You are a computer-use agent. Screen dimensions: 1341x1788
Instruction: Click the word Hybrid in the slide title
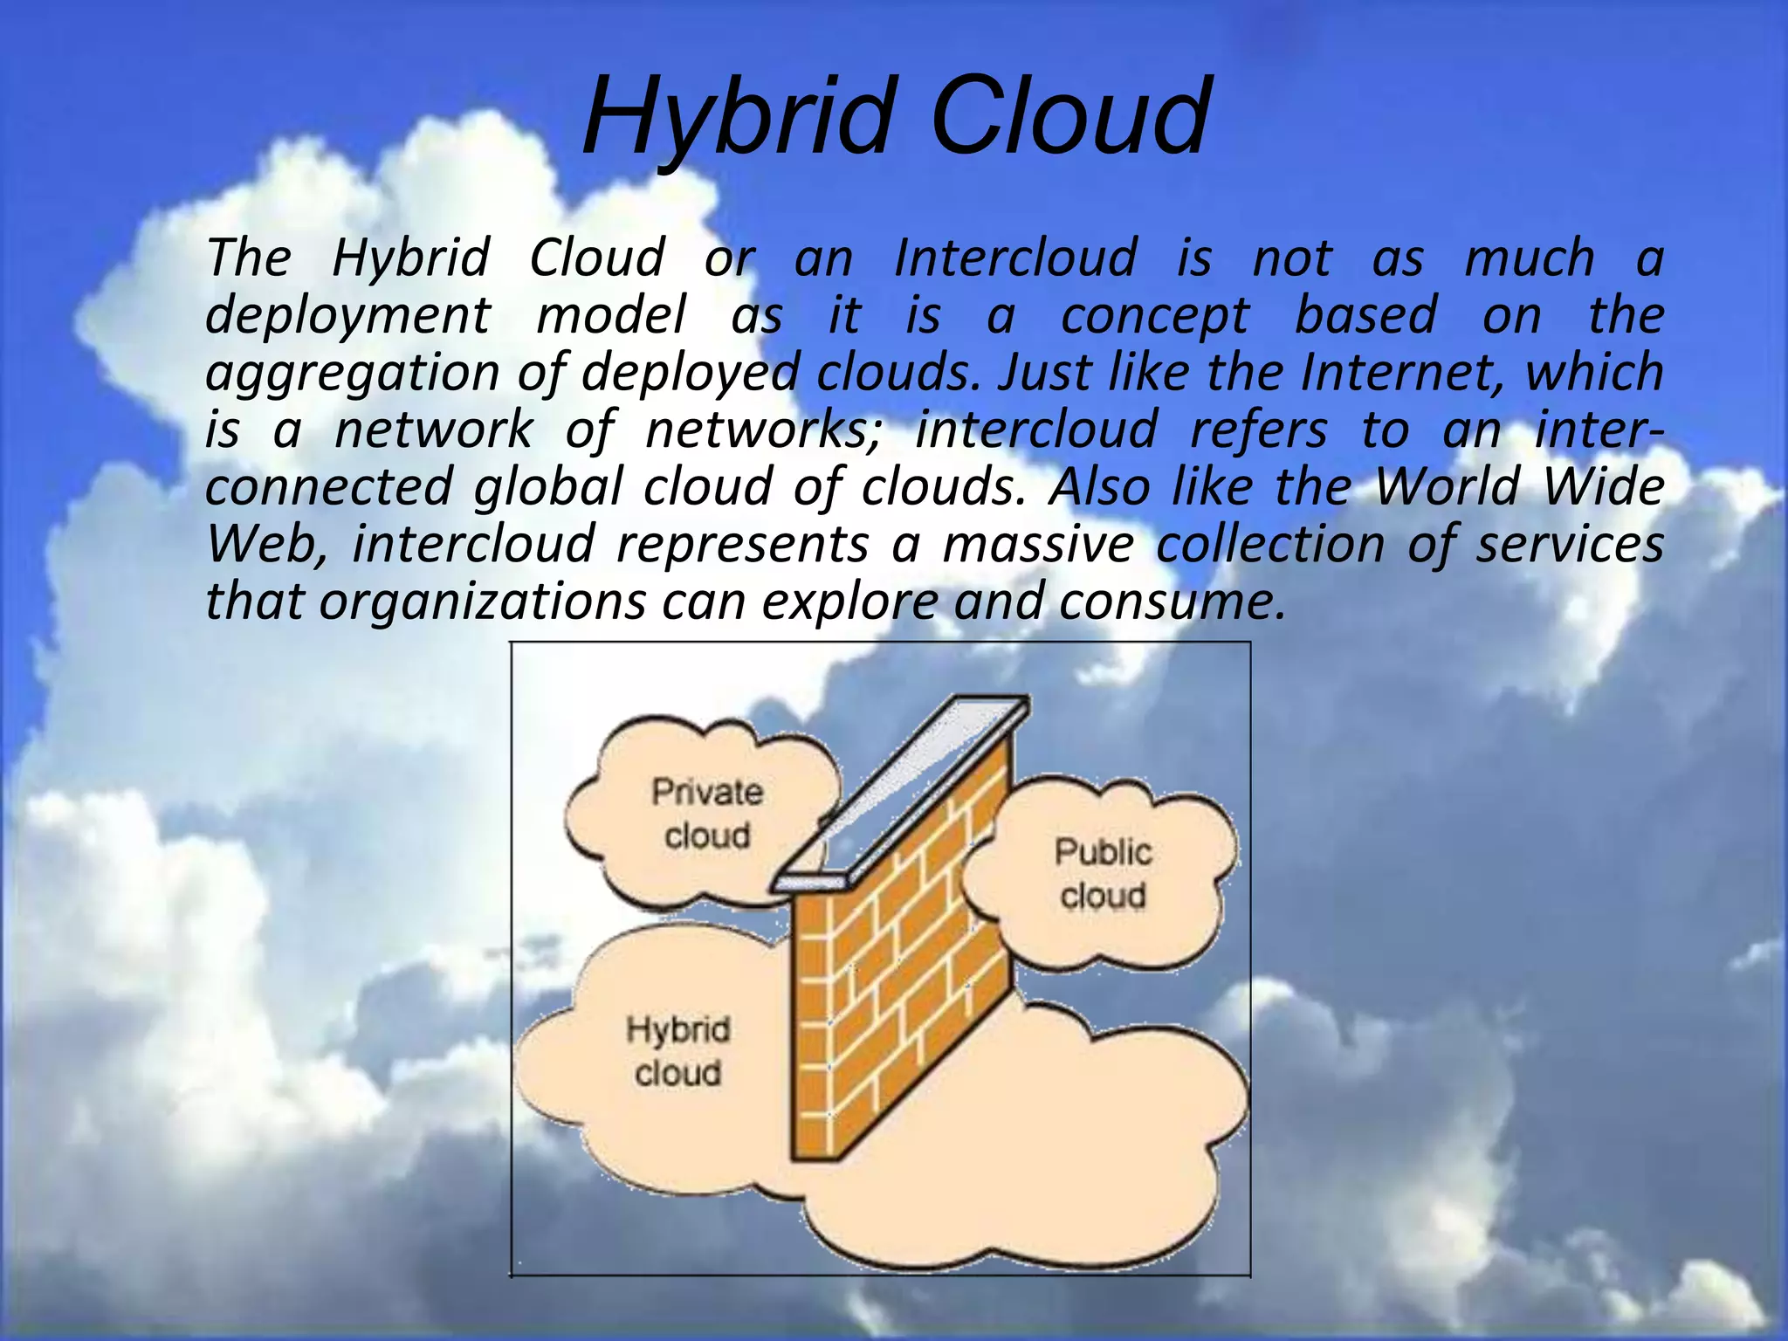[738, 118]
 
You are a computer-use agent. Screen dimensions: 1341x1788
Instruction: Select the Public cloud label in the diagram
[1103, 873]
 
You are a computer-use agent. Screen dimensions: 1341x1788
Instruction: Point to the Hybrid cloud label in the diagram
[678, 1051]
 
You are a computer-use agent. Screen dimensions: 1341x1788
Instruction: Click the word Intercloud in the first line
[1015, 258]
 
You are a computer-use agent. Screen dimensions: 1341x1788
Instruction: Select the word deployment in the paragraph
[347, 316]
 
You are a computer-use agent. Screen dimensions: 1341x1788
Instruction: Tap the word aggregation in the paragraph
[352, 374]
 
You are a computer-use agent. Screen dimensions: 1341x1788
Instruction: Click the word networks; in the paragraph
[765, 430]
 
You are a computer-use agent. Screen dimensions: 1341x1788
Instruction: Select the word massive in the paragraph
[1038, 545]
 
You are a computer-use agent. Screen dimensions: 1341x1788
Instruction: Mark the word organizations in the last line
[482, 602]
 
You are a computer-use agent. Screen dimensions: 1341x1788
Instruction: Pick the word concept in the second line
[1154, 316]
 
